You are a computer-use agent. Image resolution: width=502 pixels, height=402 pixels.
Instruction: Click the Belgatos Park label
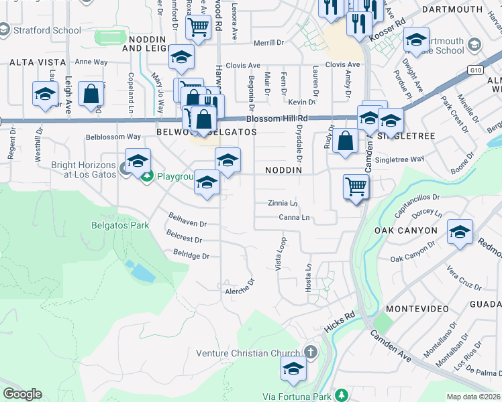click(x=120, y=225)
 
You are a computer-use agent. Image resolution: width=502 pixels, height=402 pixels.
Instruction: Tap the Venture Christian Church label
click(x=249, y=353)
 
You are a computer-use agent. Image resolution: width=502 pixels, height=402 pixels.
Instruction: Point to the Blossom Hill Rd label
click(x=276, y=119)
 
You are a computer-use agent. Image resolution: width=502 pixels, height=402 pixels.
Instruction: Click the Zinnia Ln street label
click(x=282, y=203)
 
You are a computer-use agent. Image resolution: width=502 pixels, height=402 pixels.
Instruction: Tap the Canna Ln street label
click(x=295, y=218)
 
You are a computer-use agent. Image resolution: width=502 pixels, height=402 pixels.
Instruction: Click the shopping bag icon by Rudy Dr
click(x=345, y=141)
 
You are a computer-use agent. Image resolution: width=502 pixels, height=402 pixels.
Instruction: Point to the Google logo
click(x=22, y=394)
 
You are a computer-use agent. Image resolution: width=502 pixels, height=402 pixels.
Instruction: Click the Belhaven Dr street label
click(x=187, y=224)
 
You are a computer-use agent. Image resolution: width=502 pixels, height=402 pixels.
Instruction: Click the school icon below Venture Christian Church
click(x=293, y=368)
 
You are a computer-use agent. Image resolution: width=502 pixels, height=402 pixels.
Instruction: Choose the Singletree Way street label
click(x=399, y=159)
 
